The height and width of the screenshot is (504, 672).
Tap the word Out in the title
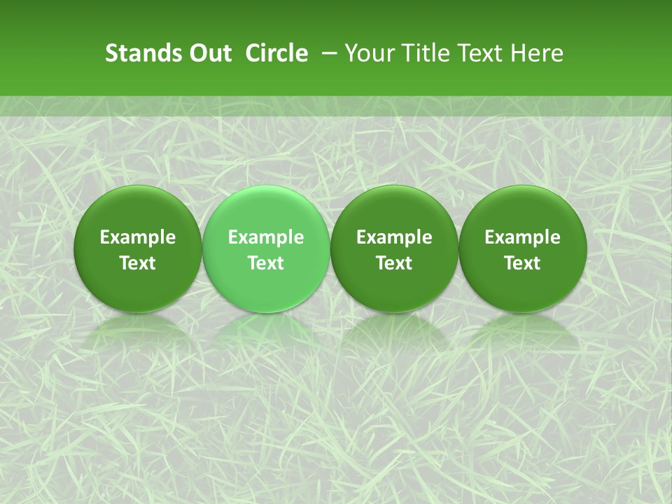click(x=208, y=53)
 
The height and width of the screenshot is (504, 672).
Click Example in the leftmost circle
click(x=138, y=237)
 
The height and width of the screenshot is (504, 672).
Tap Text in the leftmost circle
click(x=138, y=263)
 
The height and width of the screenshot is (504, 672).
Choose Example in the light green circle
click(x=266, y=237)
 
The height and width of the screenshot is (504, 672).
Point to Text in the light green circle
click(x=266, y=263)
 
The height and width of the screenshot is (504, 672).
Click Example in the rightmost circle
click(x=523, y=237)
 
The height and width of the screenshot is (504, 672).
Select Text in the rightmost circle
click(x=523, y=263)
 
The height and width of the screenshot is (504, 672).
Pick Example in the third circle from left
click(x=394, y=237)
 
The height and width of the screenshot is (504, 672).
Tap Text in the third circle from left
click(x=394, y=263)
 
